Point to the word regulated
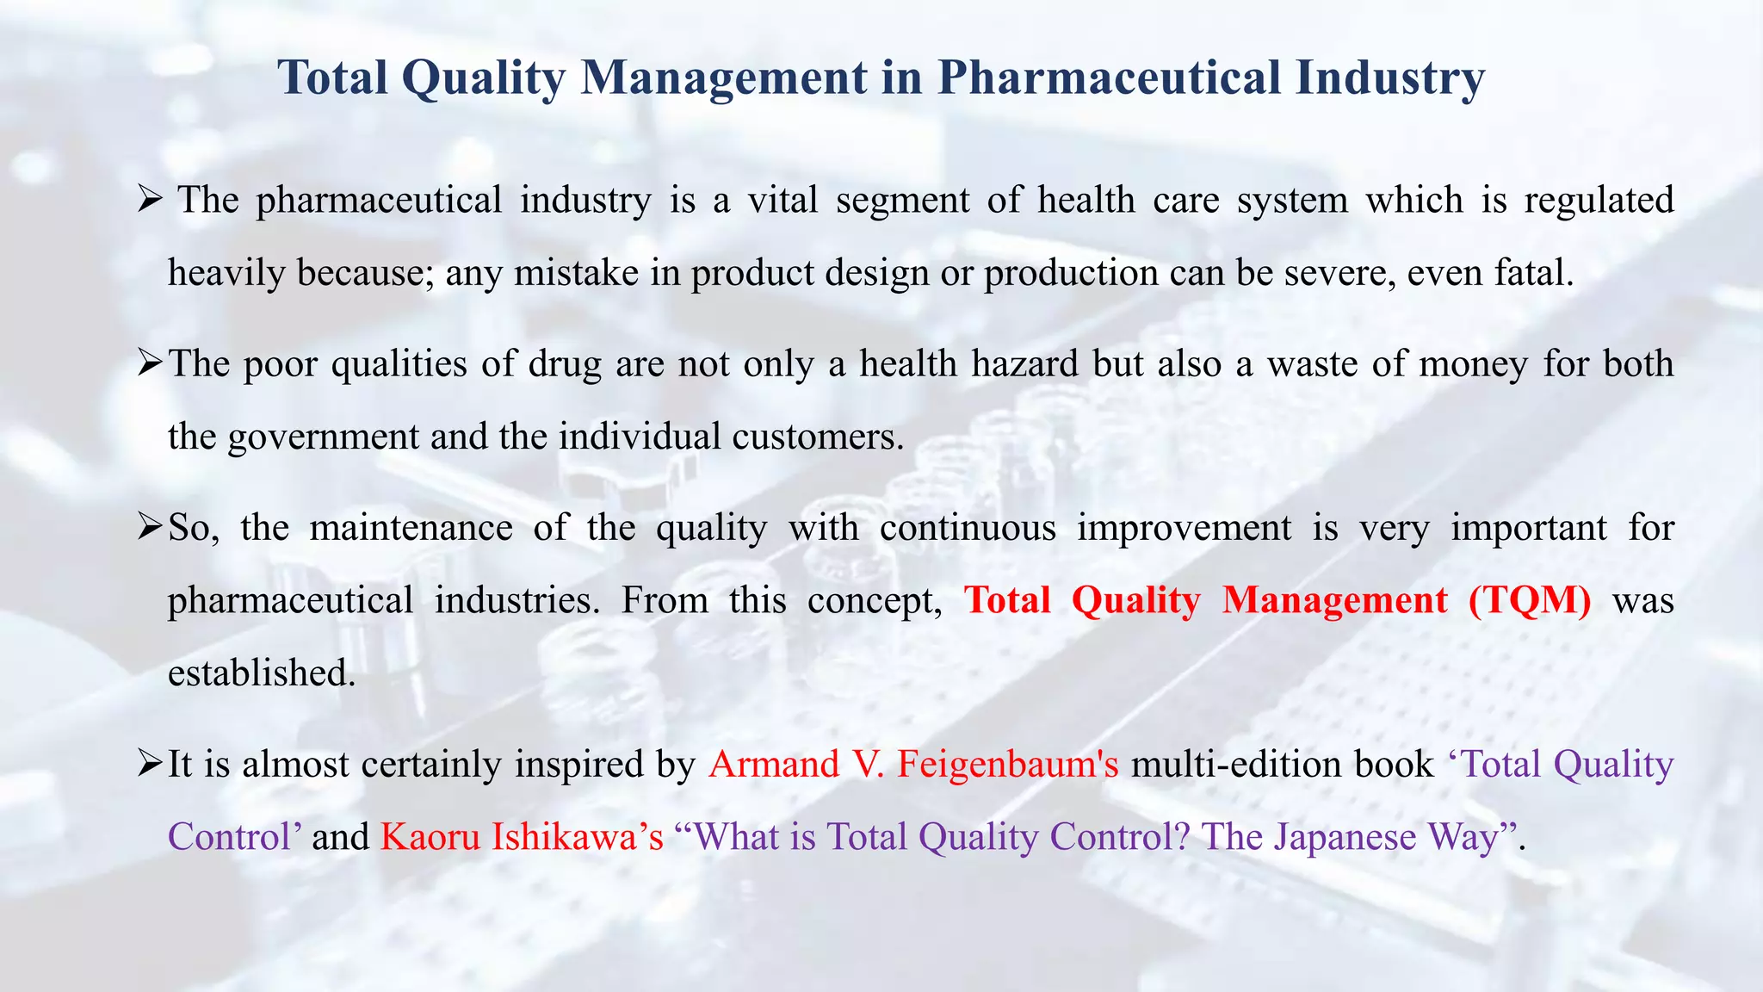(x=1599, y=201)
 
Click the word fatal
(x=1533, y=273)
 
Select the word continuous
(x=968, y=527)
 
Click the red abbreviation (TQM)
(x=1530, y=600)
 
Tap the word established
(x=262, y=673)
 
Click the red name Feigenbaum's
(x=1007, y=765)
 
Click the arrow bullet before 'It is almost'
(x=150, y=763)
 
